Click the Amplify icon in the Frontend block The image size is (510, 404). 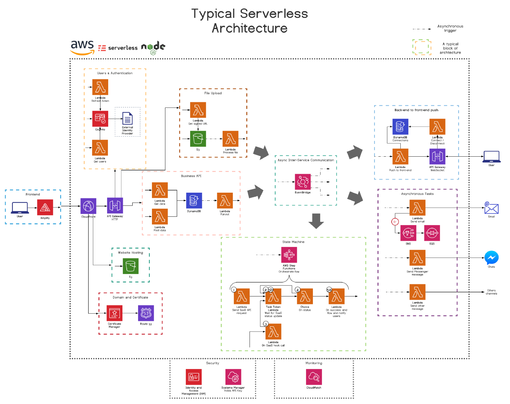[45, 207]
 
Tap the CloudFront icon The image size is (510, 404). [88, 206]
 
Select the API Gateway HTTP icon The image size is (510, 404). [115, 205]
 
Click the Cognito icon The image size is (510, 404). [100, 119]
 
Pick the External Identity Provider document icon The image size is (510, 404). [127, 119]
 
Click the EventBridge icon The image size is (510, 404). [303, 182]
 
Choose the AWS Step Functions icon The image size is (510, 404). [289, 255]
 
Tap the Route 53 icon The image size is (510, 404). [146, 313]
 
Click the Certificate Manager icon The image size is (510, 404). [114, 313]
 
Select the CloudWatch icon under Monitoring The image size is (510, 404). [314, 377]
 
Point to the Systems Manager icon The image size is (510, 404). [233, 377]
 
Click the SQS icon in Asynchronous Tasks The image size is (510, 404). [432, 233]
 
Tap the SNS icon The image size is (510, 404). [408, 233]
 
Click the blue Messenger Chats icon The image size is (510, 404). [491, 258]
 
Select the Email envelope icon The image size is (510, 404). [491, 208]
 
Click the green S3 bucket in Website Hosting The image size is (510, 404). [130, 266]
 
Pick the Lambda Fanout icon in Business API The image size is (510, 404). [225, 201]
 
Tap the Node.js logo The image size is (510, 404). [153, 48]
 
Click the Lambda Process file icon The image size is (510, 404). [230, 139]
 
